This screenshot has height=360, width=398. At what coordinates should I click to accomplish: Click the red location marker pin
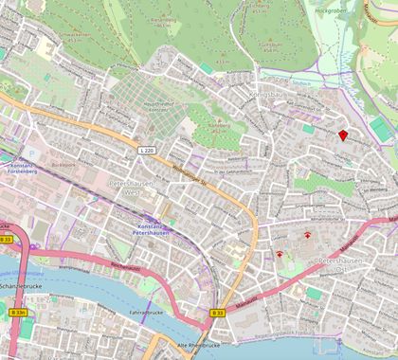tap(342, 135)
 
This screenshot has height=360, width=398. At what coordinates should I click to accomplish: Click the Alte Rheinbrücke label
tap(198, 346)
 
